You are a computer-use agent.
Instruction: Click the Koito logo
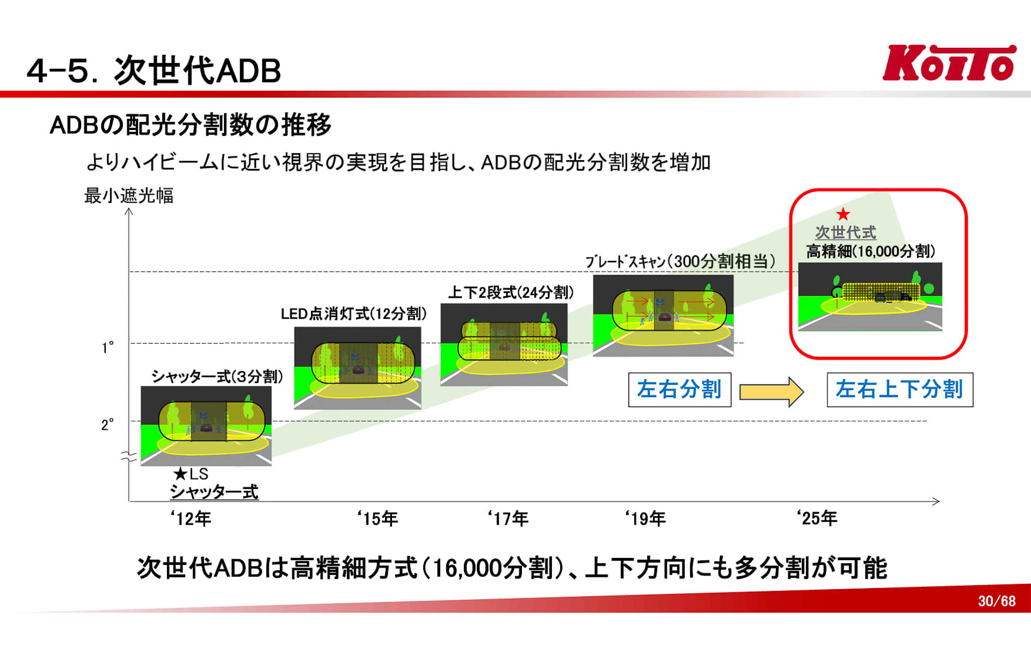point(949,63)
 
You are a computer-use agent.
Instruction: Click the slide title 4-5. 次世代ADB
point(154,70)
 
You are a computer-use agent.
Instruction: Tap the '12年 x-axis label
point(191,519)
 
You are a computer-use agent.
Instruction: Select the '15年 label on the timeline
point(377,519)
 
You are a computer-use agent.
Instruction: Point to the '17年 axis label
point(508,519)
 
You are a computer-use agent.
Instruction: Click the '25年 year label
point(817,518)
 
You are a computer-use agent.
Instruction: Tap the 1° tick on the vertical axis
point(108,348)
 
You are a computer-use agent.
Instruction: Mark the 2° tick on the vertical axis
point(107,425)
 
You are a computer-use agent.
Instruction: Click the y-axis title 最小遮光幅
point(129,196)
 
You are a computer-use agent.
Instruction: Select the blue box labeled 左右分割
point(679,390)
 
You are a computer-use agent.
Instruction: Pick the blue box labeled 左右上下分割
point(899,390)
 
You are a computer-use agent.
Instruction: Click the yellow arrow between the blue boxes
point(771,391)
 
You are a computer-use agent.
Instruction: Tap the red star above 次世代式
point(843,214)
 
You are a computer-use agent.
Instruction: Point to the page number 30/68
point(997,601)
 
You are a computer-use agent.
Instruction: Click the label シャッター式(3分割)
point(217,376)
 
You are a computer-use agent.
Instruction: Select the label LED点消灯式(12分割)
point(353,314)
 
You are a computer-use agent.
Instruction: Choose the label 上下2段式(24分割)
point(511,292)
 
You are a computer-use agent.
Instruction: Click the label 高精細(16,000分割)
point(870,251)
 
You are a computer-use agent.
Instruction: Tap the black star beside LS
point(180,474)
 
